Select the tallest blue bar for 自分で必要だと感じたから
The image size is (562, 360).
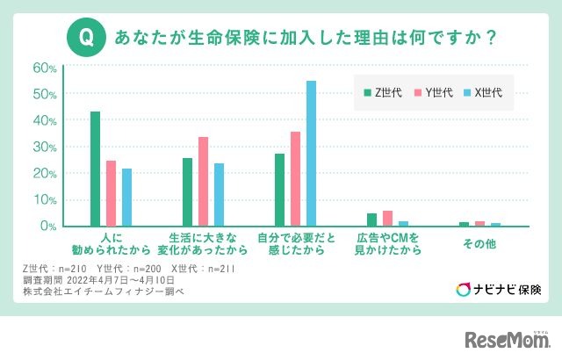point(311,154)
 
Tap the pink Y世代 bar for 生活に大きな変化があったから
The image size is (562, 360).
point(203,182)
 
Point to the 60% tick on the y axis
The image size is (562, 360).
point(45,68)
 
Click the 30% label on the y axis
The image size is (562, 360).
point(45,147)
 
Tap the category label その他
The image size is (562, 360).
point(479,243)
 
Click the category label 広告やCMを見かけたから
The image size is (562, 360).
point(388,244)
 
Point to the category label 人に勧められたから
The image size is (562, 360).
point(110,244)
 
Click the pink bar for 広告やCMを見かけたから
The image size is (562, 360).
point(387,219)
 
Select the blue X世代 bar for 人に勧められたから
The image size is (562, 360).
point(126,198)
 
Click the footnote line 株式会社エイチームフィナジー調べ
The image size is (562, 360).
point(103,291)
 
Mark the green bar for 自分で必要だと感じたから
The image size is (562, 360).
point(279,190)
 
